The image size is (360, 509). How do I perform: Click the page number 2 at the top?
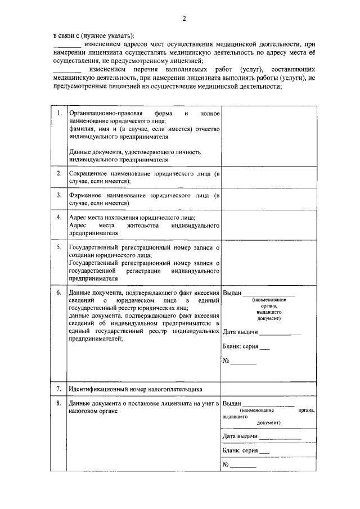[183, 19]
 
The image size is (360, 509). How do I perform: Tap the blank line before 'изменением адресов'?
[66, 45]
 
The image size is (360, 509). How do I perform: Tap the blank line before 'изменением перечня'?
[66, 70]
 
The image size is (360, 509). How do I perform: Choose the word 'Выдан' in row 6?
[232, 293]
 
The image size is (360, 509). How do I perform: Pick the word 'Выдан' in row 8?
[232, 403]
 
